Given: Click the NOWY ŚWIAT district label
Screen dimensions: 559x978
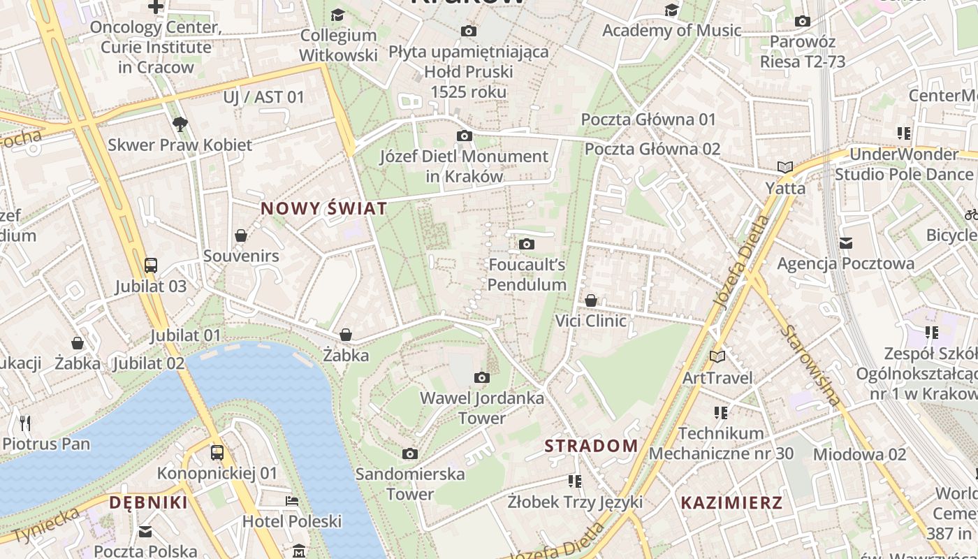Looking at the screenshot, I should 323,208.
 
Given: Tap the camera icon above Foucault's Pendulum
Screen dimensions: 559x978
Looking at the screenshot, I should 527,244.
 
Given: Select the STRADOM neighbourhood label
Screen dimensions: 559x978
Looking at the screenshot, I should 591,446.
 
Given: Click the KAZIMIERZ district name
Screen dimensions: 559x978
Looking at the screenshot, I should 731,502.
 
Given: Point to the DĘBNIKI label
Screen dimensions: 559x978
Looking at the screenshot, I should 148,502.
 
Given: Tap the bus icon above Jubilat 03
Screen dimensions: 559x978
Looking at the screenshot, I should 151,266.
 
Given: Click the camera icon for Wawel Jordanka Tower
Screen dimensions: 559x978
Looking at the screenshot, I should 481,378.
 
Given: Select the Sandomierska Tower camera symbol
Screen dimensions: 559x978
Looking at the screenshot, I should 410,454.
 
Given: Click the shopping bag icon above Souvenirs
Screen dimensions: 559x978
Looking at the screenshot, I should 241,235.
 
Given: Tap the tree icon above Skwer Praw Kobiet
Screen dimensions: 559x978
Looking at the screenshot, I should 180,124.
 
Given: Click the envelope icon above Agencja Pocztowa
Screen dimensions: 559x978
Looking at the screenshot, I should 846,243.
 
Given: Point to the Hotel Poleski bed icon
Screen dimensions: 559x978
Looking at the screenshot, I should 292,501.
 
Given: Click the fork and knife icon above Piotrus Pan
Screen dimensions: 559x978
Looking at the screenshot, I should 26,423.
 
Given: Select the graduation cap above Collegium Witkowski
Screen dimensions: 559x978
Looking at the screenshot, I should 337,15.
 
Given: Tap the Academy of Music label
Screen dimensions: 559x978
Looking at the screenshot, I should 671,31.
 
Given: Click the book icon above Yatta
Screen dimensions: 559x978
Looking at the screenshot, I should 785,167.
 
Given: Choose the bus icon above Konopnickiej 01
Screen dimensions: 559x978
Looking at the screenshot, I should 217,453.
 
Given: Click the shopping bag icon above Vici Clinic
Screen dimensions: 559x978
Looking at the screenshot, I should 591,300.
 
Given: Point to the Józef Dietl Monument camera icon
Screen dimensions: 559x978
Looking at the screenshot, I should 464,136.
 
